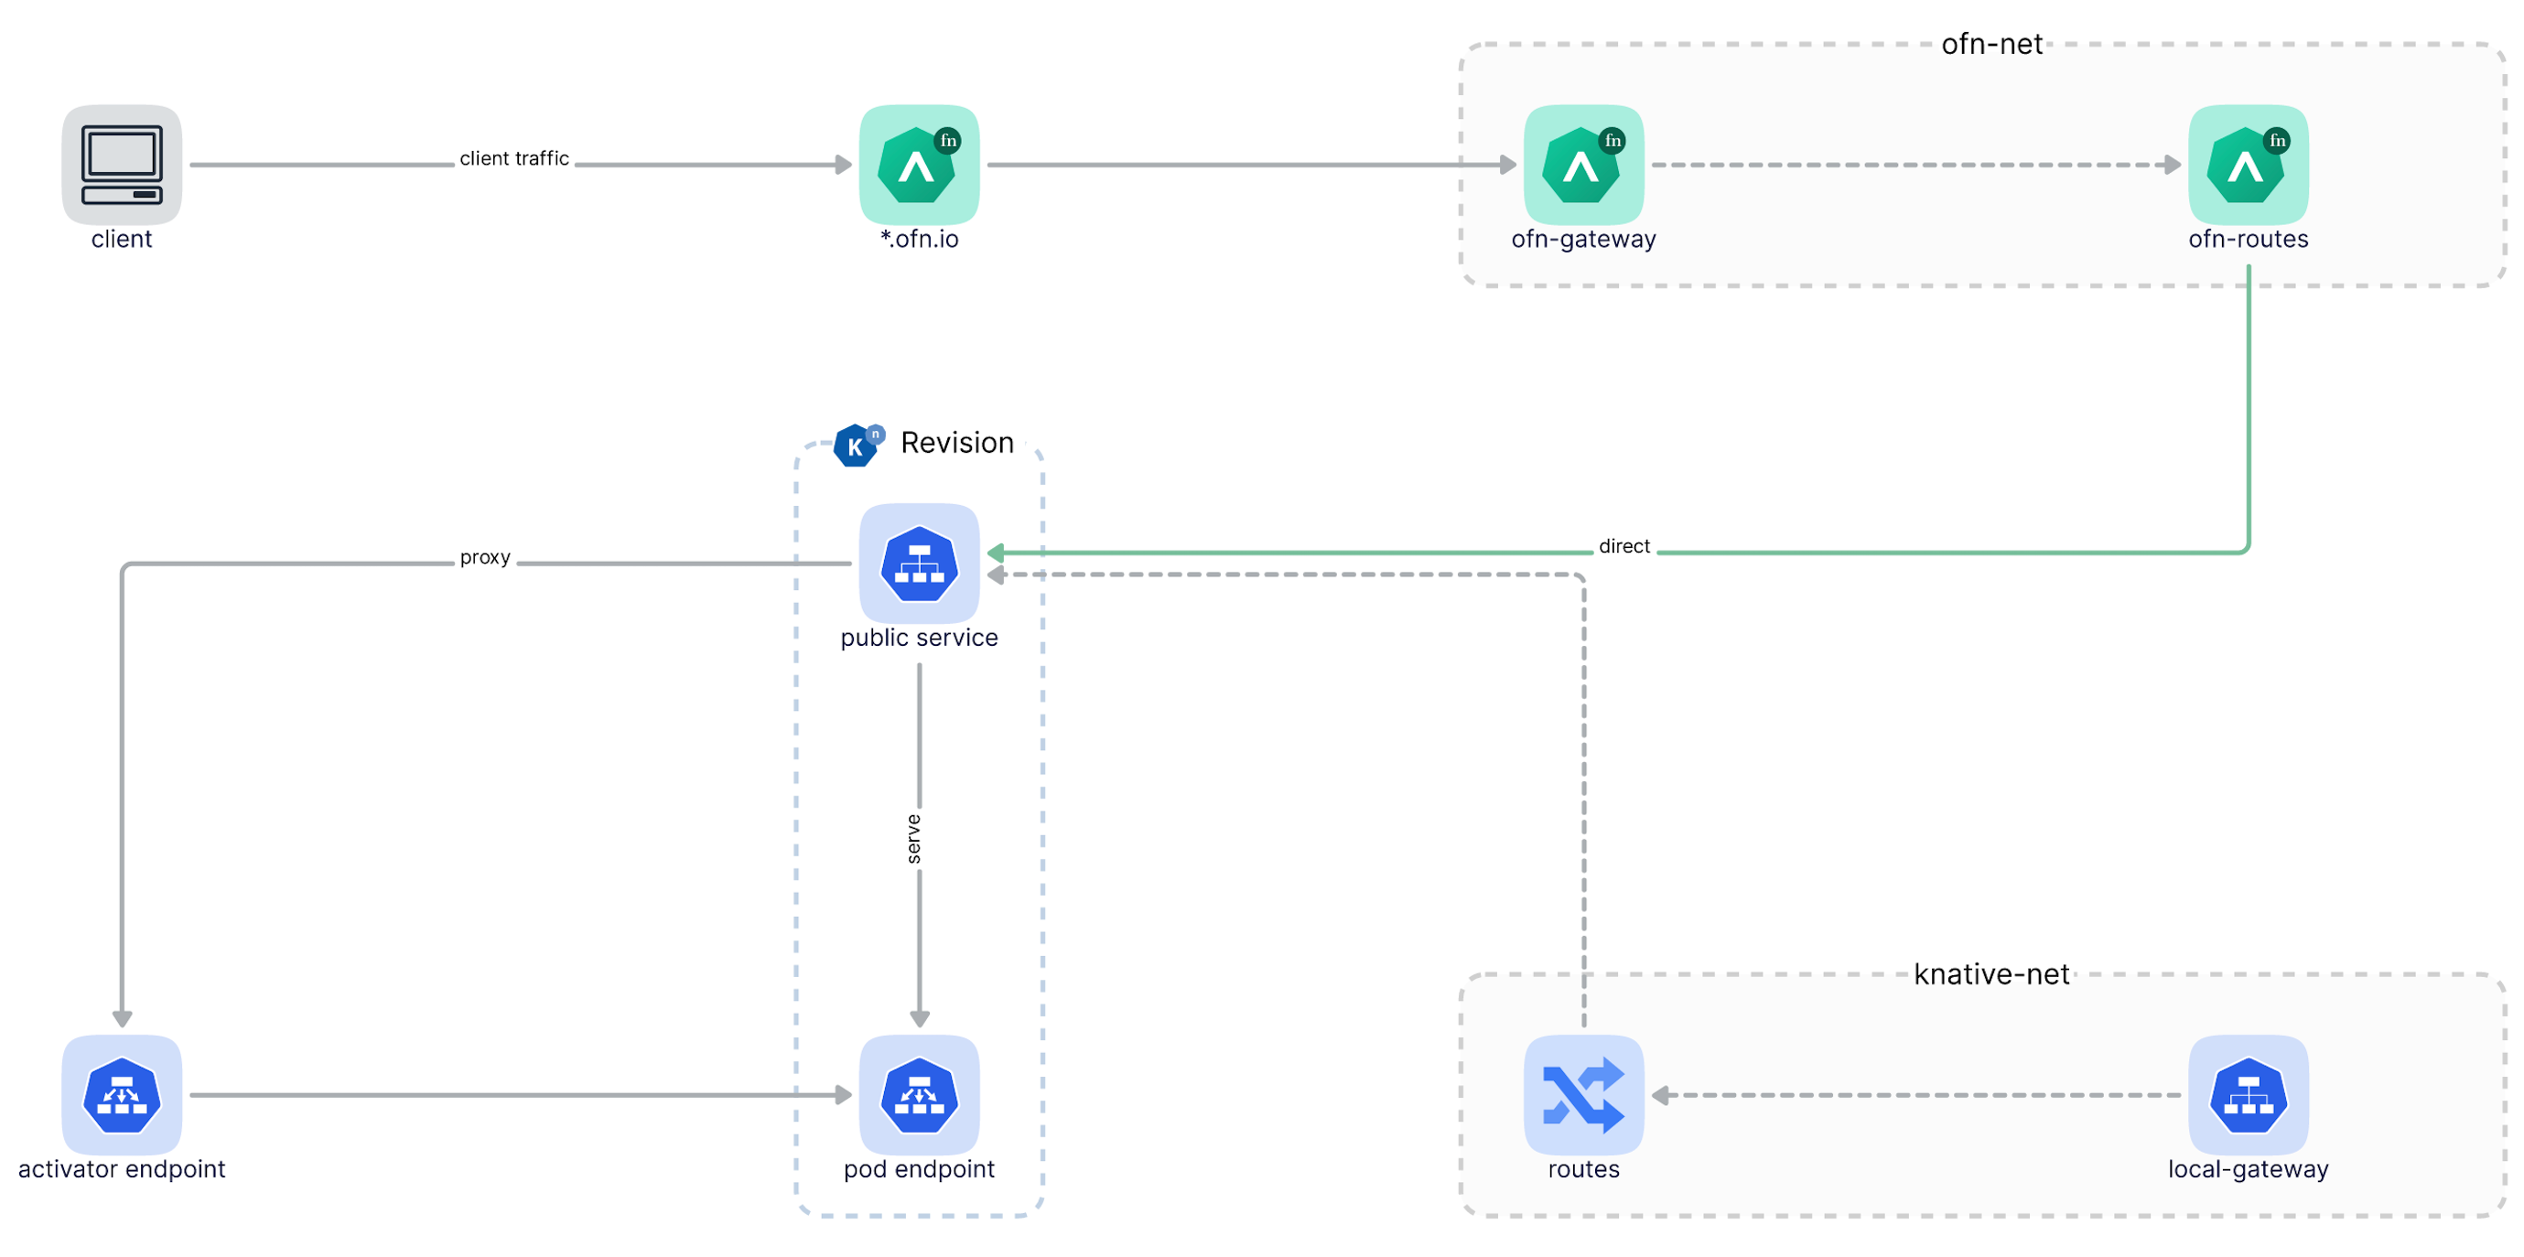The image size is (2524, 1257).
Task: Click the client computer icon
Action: pos(122,165)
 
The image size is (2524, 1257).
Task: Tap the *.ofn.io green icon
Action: pos(918,165)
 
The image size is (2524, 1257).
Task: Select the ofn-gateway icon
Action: pos(1582,165)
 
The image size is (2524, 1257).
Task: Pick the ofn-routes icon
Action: pos(2247,165)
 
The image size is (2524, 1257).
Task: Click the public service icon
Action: pos(918,564)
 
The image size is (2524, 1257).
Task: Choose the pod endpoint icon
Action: pos(918,1094)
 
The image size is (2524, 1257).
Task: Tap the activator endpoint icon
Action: pos(122,1094)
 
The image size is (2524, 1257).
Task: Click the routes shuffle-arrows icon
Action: pos(1582,1094)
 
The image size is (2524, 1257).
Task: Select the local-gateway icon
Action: pos(2247,1094)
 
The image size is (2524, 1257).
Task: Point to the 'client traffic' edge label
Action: pos(513,158)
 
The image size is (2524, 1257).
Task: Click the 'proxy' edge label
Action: pos(485,557)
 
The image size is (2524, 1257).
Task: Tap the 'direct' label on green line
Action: pos(1623,547)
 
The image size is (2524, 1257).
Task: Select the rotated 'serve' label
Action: pos(913,839)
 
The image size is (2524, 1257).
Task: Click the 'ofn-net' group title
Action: pos(1991,44)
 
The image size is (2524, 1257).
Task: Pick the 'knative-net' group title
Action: pos(1991,974)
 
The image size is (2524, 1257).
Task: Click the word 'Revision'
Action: pos(956,443)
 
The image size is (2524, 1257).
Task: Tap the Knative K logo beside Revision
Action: pos(856,446)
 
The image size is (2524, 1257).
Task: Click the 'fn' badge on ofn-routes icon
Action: pos(2277,141)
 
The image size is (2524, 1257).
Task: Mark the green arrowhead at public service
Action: pos(995,553)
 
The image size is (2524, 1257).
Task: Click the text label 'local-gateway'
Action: pos(2247,1169)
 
